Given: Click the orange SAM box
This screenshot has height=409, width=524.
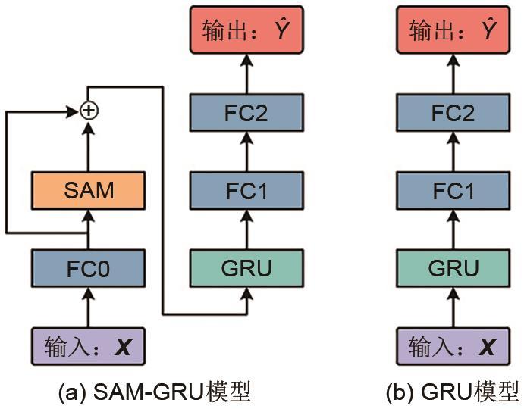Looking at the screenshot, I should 88,190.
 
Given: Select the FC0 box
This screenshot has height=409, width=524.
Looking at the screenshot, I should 88,268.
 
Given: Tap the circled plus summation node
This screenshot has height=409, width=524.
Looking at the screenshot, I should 89,111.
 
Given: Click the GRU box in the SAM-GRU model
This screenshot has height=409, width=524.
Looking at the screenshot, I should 246,268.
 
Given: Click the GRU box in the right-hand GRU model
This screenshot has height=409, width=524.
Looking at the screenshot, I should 453,268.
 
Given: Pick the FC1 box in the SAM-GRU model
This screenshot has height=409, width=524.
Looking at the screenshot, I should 246,190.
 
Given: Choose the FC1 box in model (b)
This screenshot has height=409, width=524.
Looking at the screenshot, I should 453,190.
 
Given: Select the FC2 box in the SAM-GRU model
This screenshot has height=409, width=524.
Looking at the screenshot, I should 246,113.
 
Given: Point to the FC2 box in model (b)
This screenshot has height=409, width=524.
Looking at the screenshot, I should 453,113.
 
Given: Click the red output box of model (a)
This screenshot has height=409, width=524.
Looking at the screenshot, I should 246,32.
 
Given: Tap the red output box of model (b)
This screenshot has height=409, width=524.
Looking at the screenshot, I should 453,32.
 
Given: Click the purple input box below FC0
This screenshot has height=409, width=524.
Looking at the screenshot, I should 88,347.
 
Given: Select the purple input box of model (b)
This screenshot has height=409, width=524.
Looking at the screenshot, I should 453,347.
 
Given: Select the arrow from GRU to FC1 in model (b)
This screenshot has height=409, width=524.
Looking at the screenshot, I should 453,229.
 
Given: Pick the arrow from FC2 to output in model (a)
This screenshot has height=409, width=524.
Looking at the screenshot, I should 246,73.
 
